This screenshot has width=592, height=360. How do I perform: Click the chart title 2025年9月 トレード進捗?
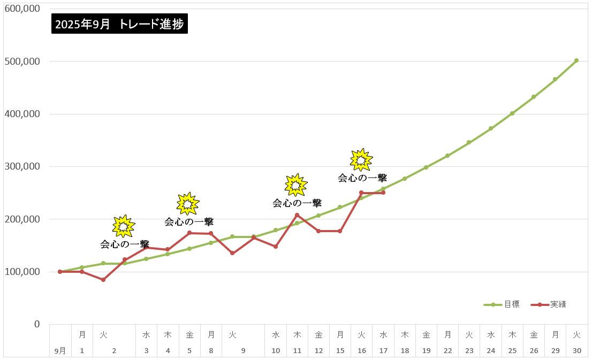(x=120, y=24)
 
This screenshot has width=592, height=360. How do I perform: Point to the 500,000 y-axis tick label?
(x=23, y=62)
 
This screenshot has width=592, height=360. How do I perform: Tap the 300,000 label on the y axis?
(x=23, y=166)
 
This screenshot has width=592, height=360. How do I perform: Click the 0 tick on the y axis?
(x=36, y=324)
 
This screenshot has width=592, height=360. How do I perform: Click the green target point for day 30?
(x=576, y=60)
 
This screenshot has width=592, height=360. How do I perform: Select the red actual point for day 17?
(x=383, y=193)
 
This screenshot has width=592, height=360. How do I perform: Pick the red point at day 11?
(x=297, y=215)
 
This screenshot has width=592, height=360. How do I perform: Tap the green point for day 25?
(x=512, y=113)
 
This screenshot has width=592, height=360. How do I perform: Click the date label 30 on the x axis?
(x=576, y=351)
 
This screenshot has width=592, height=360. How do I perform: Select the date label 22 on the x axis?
(x=447, y=351)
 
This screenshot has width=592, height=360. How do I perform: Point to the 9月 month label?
(x=60, y=351)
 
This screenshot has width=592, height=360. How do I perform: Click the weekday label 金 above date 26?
(x=534, y=335)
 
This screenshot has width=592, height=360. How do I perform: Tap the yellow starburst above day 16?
(x=361, y=159)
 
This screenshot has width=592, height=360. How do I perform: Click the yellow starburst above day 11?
(x=296, y=185)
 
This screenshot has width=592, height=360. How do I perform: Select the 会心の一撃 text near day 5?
(x=189, y=221)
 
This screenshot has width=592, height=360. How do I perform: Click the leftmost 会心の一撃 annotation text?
(x=125, y=244)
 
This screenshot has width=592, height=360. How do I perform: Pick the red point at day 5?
(x=189, y=233)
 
